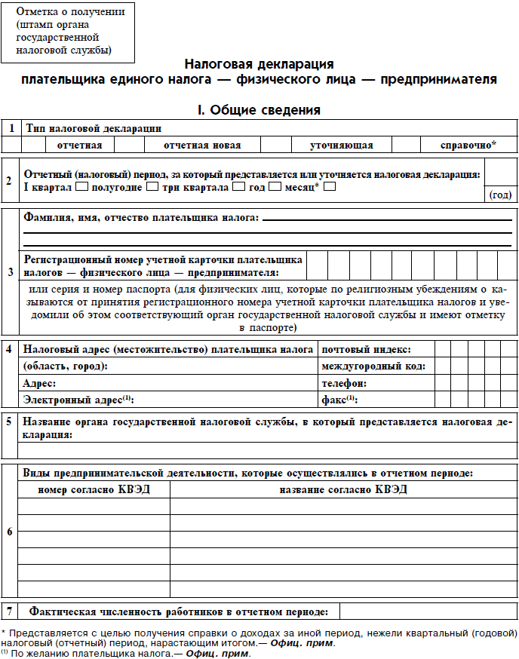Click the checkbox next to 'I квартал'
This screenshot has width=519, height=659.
coord(82,186)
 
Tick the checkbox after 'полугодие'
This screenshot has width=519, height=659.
coord(152,186)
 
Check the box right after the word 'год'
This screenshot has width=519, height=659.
coord(275,186)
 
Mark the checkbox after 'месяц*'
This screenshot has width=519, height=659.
coord(329,186)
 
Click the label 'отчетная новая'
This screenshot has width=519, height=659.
coord(202,145)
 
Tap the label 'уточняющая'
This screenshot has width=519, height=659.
coord(341,145)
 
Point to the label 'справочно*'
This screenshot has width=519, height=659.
coord(468,145)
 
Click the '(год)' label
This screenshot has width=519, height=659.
coord(500,195)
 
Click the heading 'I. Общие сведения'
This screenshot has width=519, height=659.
coord(259,110)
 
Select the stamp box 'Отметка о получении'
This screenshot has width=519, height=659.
coord(67,32)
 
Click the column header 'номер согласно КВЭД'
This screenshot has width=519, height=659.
coord(94,489)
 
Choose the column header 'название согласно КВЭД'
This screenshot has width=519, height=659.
coord(343,489)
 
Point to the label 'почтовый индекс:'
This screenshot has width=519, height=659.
coord(366,350)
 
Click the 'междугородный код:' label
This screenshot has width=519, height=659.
coord(373,366)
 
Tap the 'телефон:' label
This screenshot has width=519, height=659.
coord(345,383)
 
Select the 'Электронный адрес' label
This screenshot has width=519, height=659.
coord(77,400)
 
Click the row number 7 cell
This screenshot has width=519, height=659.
coord(9,611)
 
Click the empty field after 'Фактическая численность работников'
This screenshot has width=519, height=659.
coord(427,611)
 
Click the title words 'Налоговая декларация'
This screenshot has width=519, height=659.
coord(259,65)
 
